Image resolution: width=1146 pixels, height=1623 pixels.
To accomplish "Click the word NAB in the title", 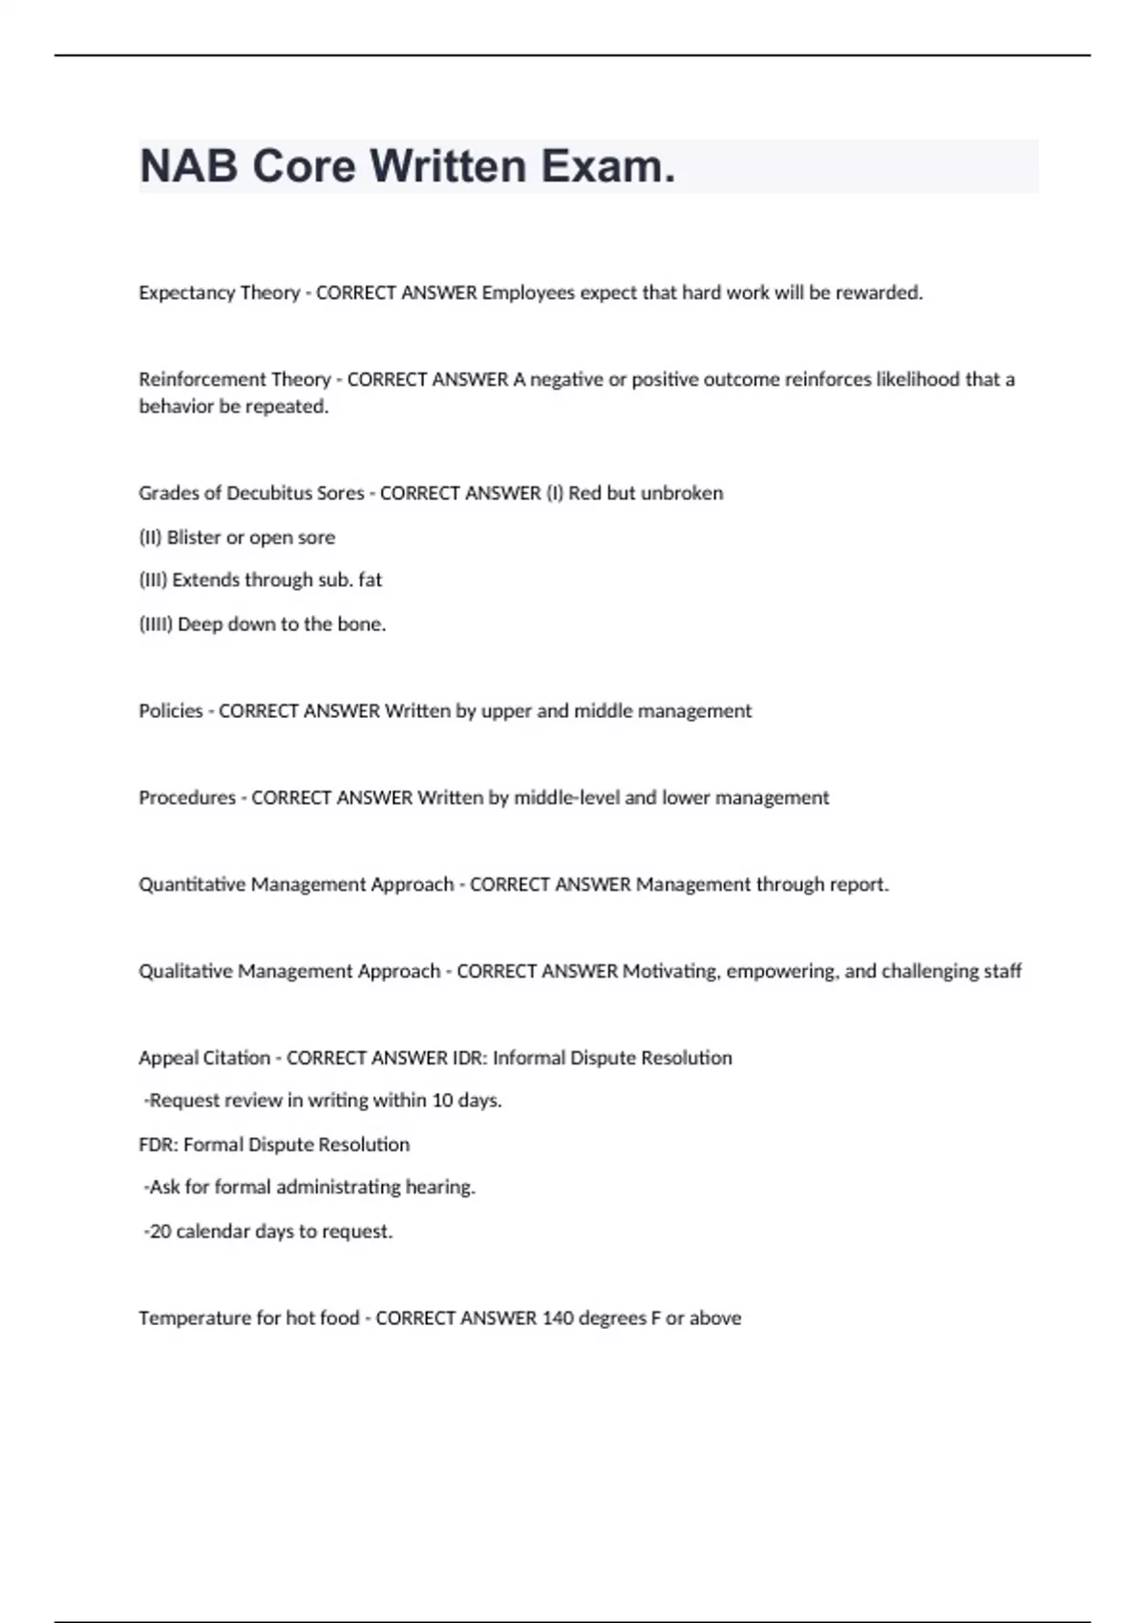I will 188,166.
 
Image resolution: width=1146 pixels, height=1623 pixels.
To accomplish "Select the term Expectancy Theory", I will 219,293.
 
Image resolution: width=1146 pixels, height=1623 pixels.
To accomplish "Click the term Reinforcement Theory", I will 234,380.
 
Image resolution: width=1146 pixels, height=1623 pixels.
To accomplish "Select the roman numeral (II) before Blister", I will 150,537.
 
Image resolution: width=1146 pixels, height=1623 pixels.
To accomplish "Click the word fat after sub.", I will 370,580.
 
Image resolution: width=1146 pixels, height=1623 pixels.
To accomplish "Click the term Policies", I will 170,711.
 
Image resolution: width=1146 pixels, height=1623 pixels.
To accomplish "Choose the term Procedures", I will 186,798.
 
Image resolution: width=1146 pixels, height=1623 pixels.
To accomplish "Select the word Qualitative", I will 185,972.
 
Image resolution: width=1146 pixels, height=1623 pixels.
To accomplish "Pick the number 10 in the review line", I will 441,1101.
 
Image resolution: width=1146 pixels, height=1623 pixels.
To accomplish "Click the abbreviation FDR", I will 158,1145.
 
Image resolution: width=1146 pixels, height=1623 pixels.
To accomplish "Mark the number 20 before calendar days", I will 159,1232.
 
